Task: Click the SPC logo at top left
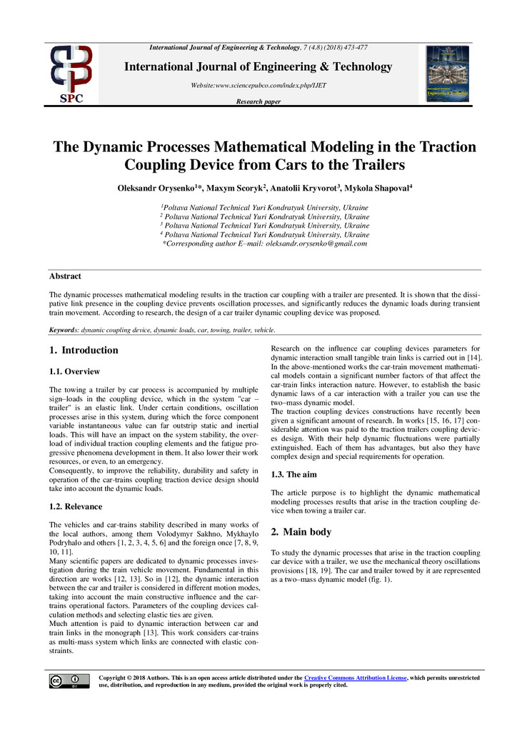(x=70, y=74)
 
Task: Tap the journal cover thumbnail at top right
(x=447, y=73)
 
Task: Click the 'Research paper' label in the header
(x=258, y=101)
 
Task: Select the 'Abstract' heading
(x=65, y=276)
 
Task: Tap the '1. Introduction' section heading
(x=84, y=351)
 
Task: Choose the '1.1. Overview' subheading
(x=74, y=372)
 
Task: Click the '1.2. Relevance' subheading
(x=76, y=506)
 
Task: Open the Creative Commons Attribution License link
(x=355, y=677)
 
